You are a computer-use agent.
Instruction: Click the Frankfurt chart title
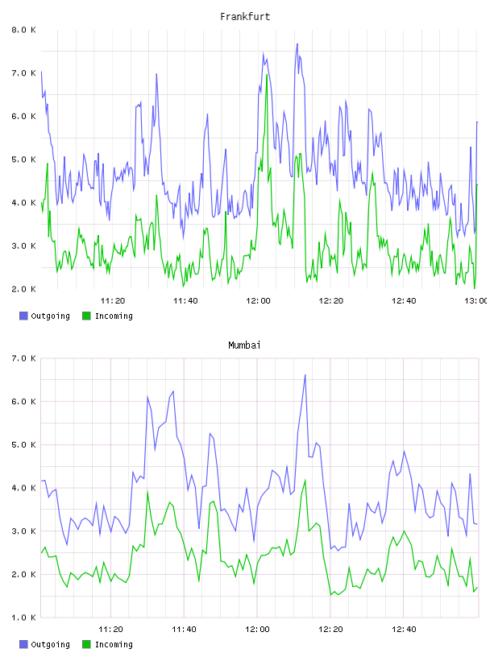[245, 17]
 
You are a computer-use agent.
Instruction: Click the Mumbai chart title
[244, 345]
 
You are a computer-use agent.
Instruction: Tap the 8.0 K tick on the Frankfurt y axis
[23, 30]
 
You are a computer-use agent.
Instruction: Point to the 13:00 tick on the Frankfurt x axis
[477, 300]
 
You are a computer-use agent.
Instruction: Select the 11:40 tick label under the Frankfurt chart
[185, 300]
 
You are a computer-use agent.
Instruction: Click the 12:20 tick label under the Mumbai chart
[330, 629]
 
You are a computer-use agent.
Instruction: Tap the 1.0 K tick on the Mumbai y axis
[23, 618]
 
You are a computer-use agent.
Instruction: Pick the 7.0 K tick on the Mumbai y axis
[23, 358]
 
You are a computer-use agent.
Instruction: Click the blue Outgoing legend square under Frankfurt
[23, 316]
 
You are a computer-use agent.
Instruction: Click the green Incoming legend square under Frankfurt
[86, 316]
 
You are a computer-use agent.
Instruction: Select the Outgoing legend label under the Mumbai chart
[50, 644]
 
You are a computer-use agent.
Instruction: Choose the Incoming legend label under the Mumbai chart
[114, 644]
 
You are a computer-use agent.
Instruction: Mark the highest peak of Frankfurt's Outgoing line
[297, 43]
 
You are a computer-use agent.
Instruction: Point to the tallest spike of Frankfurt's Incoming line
[267, 75]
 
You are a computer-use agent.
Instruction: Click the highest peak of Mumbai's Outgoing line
[305, 374]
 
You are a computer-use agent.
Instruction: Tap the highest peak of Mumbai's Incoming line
[305, 480]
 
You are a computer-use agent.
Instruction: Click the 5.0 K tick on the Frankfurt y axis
[23, 159]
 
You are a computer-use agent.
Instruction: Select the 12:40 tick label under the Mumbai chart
[404, 629]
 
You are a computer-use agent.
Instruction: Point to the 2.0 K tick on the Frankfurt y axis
[23, 289]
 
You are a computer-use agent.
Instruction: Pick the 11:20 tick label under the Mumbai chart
[110, 629]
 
